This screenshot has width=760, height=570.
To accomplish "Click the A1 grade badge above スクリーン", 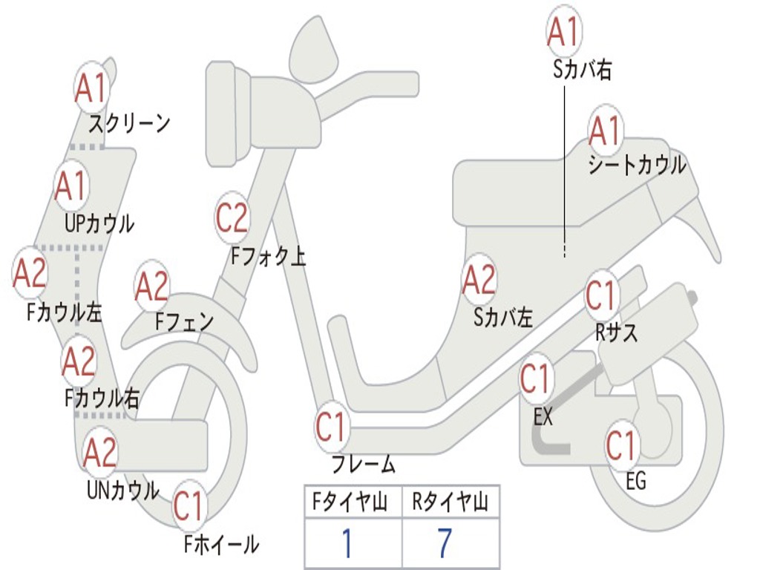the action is tap(92, 88).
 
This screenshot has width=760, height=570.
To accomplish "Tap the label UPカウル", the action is tap(99, 223).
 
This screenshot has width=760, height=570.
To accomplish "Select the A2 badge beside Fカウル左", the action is tap(30, 273).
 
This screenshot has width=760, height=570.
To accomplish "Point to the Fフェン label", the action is tap(184, 322).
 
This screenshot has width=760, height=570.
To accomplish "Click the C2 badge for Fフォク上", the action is tap(232, 217).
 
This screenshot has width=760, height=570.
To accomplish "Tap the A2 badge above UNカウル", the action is tap(100, 452).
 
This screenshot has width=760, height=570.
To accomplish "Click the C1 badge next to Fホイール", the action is tap(189, 506).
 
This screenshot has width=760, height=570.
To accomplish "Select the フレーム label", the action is tap(363, 465).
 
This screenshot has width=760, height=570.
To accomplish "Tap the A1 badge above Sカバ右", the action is tap(563, 32).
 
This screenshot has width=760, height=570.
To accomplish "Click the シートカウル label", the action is tap(637, 166).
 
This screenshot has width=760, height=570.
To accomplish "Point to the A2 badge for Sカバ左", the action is tap(479, 280).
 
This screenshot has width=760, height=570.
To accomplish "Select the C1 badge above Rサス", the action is tap(602, 295).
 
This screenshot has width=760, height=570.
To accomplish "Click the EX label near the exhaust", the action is tap(543, 417).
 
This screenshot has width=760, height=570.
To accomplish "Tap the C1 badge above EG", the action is tap(622, 445).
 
